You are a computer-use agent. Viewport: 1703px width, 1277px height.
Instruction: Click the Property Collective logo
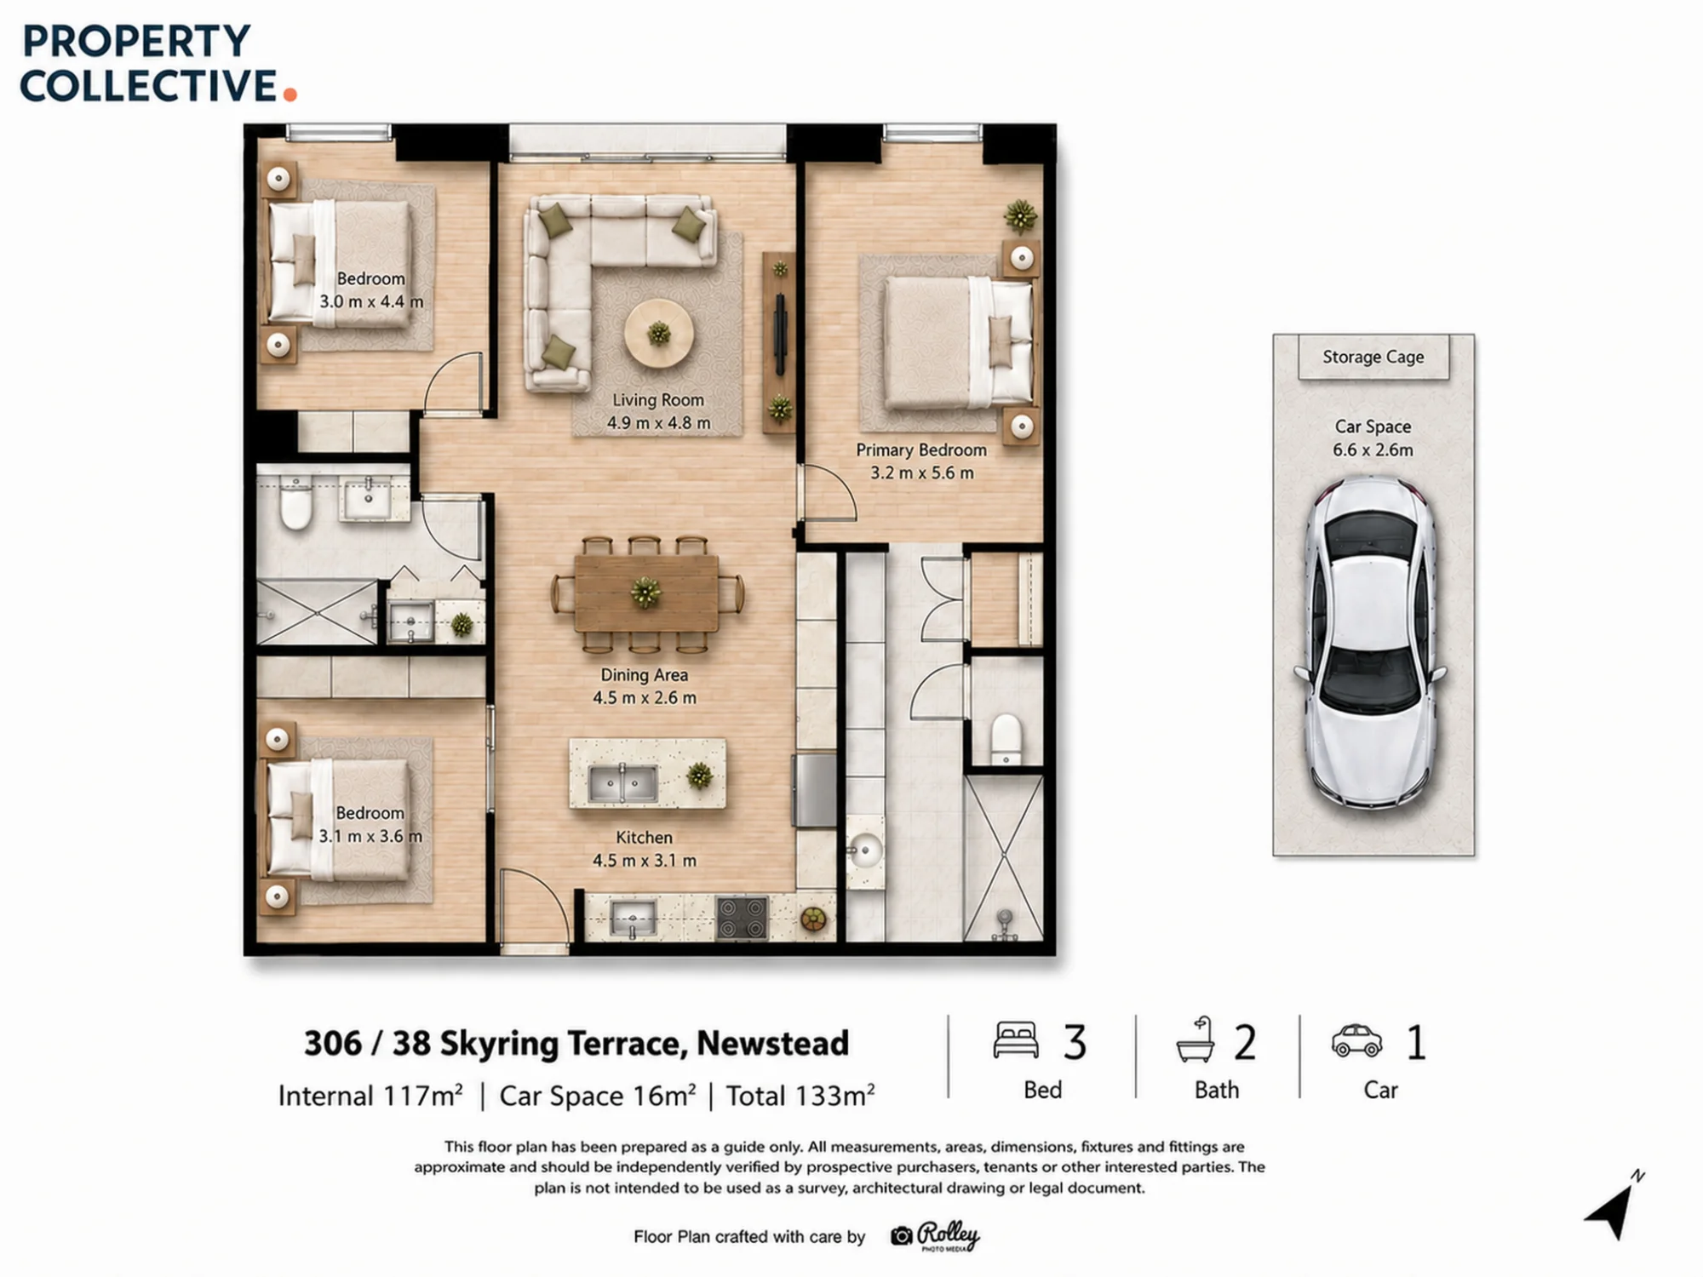coord(158,63)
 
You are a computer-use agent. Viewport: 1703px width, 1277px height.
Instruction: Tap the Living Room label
coord(658,399)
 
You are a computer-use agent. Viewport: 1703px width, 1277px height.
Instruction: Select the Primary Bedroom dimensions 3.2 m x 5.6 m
coord(921,472)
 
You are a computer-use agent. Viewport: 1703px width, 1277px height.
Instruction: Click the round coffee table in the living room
coord(658,333)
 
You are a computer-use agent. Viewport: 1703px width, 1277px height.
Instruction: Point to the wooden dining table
coord(645,593)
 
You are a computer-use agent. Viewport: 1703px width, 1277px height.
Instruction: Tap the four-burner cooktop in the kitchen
coord(742,918)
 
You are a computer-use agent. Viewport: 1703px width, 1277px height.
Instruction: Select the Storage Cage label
coord(1373,357)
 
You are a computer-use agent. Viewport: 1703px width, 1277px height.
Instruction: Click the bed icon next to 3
coord(1016,1040)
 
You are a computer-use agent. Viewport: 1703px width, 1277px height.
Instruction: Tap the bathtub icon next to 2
coord(1195,1039)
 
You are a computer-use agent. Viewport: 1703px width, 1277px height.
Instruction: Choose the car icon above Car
coord(1356,1040)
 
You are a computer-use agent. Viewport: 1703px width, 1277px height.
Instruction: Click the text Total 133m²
coord(800,1096)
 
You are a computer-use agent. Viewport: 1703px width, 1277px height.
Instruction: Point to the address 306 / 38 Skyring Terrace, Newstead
coord(576,1044)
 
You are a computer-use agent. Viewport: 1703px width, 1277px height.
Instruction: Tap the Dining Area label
coord(645,674)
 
